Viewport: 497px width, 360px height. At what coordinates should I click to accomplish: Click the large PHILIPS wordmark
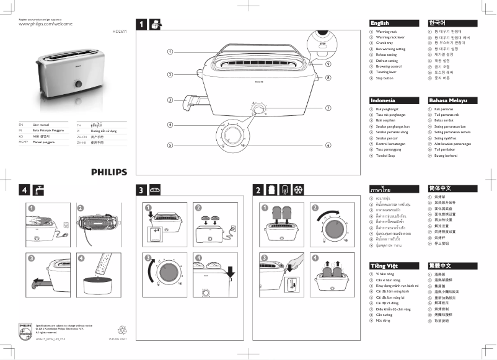tap(109, 172)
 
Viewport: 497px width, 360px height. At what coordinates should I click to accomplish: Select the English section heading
tap(379, 23)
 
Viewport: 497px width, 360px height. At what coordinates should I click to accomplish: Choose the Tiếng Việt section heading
tap(384, 266)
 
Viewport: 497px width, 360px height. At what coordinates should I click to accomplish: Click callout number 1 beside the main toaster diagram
tap(170, 51)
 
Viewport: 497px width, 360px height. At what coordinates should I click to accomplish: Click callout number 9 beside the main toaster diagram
tap(327, 64)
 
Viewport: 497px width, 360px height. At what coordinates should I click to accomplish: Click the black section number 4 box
tap(24, 190)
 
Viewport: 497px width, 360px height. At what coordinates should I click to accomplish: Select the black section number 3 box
tap(141, 190)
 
